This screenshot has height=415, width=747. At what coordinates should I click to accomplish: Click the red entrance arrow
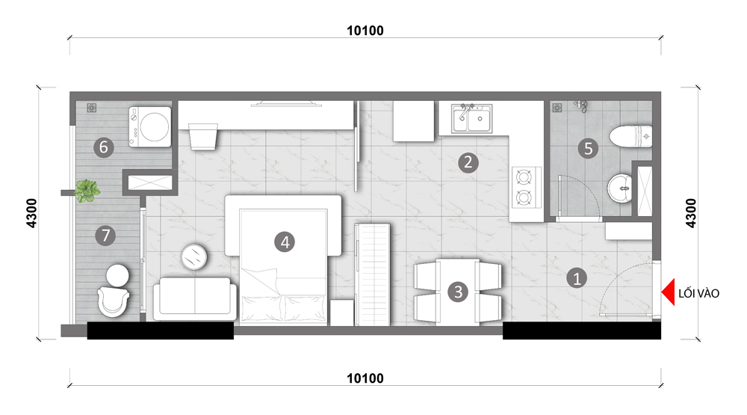coord(669,292)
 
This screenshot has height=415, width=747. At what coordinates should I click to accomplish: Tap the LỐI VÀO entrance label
coord(698,293)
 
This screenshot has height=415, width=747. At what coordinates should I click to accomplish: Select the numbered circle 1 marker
coord(577,277)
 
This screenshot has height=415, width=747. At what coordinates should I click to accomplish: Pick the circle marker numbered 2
coord(468,163)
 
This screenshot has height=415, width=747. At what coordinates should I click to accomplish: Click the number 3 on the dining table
coord(458,292)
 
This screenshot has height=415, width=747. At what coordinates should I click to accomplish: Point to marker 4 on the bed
coord(285,242)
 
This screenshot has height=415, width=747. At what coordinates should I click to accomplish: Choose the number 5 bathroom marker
coord(588,148)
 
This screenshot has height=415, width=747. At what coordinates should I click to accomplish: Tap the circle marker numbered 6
coord(103,147)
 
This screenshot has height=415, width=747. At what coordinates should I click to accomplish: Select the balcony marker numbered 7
coord(105,235)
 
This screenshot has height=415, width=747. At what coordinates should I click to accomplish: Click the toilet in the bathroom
coord(630,136)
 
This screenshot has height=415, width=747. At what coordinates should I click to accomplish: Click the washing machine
coord(149,127)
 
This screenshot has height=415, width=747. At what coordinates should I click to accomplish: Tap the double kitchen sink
coord(471,118)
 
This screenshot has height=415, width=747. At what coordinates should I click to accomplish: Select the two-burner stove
coord(526,187)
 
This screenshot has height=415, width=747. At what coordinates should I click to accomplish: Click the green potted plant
coord(87,191)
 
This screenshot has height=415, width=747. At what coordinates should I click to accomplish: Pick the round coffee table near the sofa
coord(194,257)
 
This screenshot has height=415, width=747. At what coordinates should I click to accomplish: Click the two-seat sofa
coord(195,298)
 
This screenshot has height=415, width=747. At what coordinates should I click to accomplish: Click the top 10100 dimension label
coord(365,31)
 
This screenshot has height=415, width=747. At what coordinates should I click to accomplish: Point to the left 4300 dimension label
coord(31,213)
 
